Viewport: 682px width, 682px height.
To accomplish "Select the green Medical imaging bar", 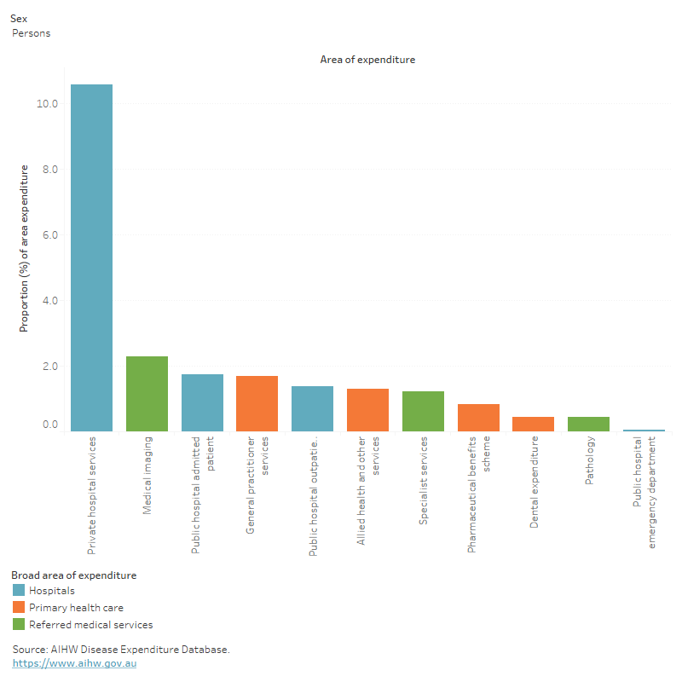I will tap(147, 394).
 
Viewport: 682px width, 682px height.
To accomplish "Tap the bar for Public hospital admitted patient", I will tap(202, 402).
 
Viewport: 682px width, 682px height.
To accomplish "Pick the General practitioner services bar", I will tap(257, 403).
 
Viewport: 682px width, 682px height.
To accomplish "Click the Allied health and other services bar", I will tap(367, 410).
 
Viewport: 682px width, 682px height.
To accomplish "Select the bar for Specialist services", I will tap(423, 411).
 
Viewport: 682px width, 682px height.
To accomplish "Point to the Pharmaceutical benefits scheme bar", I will tap(478, 418).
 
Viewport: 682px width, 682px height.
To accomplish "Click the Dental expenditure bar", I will tap(534, 424).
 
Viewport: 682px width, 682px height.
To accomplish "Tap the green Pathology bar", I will tap(588, 424).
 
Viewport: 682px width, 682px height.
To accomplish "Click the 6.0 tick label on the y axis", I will tap(49, 235).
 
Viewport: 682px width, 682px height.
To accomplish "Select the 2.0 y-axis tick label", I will tap(49, 367).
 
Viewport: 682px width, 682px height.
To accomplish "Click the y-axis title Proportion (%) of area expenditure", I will tap(25, 249).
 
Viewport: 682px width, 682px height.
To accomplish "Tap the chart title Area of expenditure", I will tap(367, 60).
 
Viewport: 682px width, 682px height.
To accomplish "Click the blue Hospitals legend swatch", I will tap(19, 590).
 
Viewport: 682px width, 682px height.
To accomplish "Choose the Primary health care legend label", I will tap(76, 608).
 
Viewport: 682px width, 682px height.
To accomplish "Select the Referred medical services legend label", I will tap(90, 625).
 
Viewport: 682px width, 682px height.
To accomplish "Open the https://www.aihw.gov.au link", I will tap(74, 663).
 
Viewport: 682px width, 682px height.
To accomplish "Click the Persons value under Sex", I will tap(31, 33).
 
